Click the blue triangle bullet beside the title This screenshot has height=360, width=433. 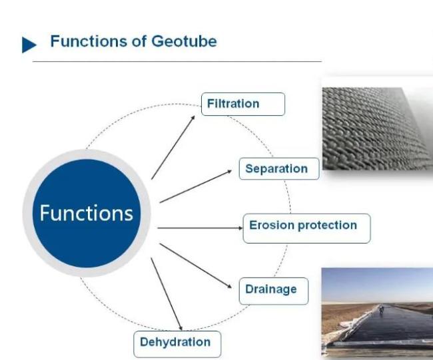click(x=29, y=45)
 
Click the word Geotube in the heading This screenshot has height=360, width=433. click(x=184, y=41)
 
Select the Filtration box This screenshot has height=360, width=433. click(x=243, y=104)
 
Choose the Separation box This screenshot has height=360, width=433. click(x=279, y=168)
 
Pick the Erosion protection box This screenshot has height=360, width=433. click(x=306, y=228)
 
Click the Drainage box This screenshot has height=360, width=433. click(x=273, y=291)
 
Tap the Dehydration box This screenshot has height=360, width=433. click(x=177, y=344)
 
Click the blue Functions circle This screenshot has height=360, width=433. click(x=87, y=213)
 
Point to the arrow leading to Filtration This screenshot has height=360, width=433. click(x=173, y=148)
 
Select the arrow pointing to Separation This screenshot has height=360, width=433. click(x=195, y=186)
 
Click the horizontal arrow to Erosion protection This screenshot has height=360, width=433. click(x=200, y=228)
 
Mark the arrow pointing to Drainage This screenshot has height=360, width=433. click(x=195, y=266)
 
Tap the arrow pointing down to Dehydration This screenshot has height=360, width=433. click(x=167, y=294)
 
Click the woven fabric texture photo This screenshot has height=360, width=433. click(x=378, y=128)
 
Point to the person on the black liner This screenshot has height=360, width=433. click(x=381, y=308)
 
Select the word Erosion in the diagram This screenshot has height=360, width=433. click(x=272, y=225)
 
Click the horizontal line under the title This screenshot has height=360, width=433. click(x=177, y=61)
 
